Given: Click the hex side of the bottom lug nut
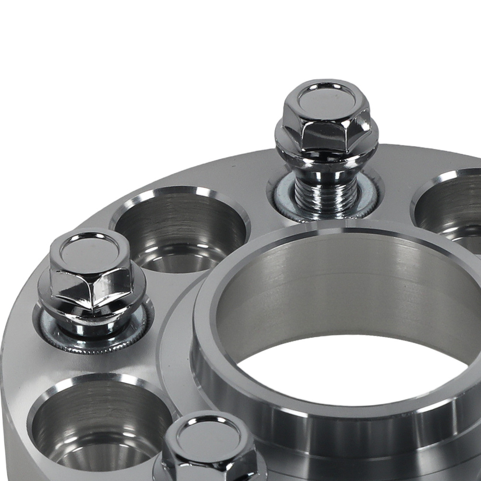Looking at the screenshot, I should (209, 464).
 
